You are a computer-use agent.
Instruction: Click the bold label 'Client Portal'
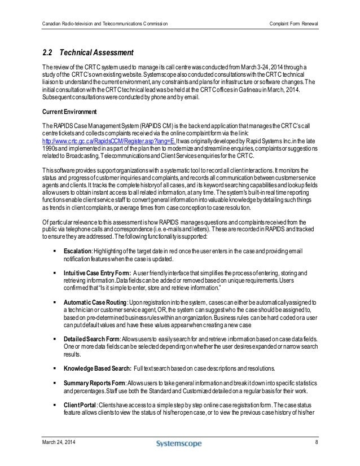point(81,408)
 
